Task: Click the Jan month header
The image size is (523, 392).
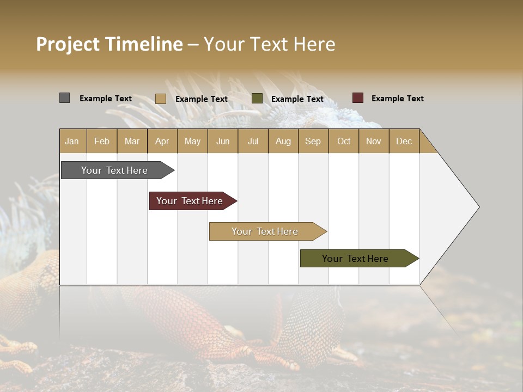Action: pos(72,141)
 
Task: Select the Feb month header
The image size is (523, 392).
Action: pos(102,141)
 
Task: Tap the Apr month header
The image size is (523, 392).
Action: pos(162,141)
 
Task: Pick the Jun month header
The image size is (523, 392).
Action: pos(223,141)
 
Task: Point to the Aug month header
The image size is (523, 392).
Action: pos(283,141)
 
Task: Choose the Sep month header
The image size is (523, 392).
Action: pos(313,141)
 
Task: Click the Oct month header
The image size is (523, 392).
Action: pos(344,141)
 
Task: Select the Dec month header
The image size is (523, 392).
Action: pos(404,141)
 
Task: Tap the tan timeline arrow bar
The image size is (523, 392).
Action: pos(265,231)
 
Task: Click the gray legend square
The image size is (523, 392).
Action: pos(64,98)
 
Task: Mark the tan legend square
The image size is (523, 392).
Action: pos(161,99)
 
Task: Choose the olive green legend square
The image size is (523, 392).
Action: pos(257,98)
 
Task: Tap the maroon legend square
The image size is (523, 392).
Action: pos(358,98)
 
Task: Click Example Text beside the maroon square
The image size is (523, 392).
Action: pos(397,99)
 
